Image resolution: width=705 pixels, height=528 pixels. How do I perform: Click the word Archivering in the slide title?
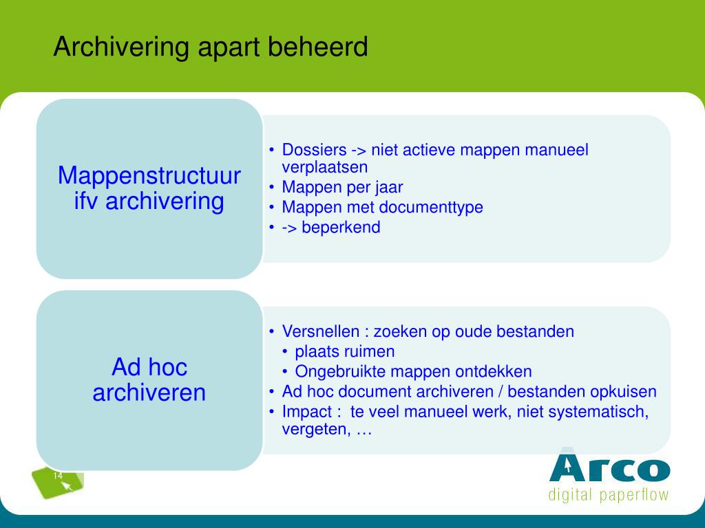[x=121, y=47]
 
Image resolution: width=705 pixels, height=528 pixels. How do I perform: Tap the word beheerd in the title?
[x=317, y=46]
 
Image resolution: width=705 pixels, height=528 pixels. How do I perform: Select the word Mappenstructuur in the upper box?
[x=149, y=176]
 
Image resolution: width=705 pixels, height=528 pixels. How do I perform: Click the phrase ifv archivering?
[x=149, y=201]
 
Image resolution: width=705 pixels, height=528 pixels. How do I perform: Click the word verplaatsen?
[x=325, y=168]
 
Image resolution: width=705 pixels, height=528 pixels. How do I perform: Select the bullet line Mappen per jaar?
[x=342, y=187]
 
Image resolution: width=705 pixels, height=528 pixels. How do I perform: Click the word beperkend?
[x=341, y=227]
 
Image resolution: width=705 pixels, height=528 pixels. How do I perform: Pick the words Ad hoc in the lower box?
[x=149, y=367]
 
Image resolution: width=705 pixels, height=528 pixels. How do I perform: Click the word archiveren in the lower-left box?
[x=149, y=393]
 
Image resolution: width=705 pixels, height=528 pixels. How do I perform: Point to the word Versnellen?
[x=321, y=331]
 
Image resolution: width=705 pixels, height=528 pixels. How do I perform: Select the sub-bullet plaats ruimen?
[x=345, y=351]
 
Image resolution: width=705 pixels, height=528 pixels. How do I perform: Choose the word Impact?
[x=306, y=412]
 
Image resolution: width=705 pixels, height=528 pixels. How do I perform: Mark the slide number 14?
[x=58, y=476]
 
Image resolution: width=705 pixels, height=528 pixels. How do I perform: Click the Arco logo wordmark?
[x=610, y=467]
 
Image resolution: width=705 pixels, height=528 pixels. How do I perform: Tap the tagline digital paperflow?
[x=609, y=495]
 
